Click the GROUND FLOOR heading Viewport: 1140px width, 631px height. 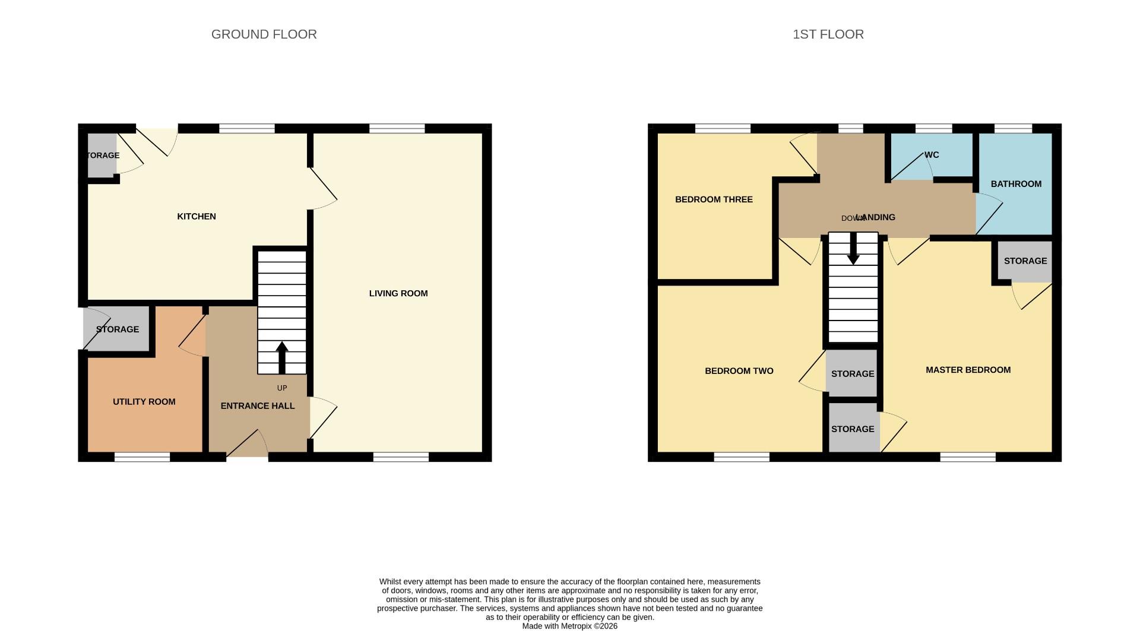[264, 34]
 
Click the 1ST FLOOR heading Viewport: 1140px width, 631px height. [828, 34]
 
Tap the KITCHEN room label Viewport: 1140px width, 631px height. [197, 217]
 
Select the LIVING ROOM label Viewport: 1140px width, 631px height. [398, 293]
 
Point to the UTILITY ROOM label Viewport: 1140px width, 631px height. [144, 402]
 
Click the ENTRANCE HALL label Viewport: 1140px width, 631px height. [258, 406]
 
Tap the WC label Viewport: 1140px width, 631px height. [932, 155]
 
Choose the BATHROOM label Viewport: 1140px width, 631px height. [1016, 184]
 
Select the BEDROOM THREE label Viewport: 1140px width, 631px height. [714, 199]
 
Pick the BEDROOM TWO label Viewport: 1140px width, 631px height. [739, 371]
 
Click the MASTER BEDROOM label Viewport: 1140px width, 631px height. [968, 370]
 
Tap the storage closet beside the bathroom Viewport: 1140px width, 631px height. [1025, 261]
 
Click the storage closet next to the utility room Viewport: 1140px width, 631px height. [117, 329]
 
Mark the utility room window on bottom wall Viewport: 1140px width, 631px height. [142, 457]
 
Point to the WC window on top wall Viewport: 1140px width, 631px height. [933, 128]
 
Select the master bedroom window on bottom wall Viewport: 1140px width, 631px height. [967, 457]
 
